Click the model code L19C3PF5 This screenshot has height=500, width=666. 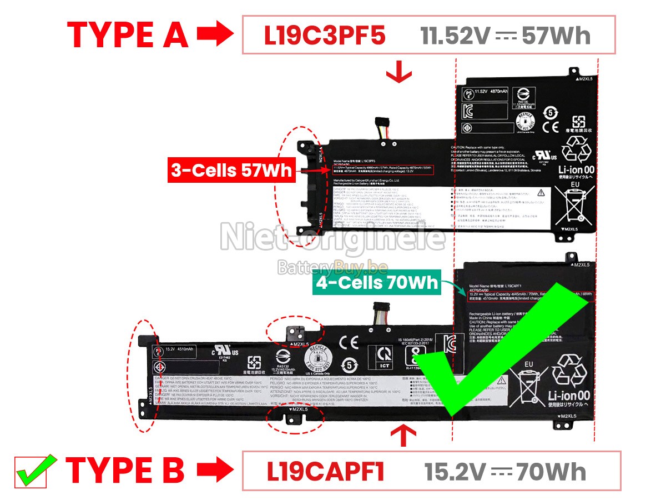point(325,36)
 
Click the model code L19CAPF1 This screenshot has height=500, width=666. point(326,472)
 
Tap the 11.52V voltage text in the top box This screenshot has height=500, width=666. point(455,36)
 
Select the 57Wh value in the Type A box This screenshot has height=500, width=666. point(555,36)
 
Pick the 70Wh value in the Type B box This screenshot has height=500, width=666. point(551,472)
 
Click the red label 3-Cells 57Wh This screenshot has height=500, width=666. point(231,171)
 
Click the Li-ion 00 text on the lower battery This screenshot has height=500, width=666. point(569,396)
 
